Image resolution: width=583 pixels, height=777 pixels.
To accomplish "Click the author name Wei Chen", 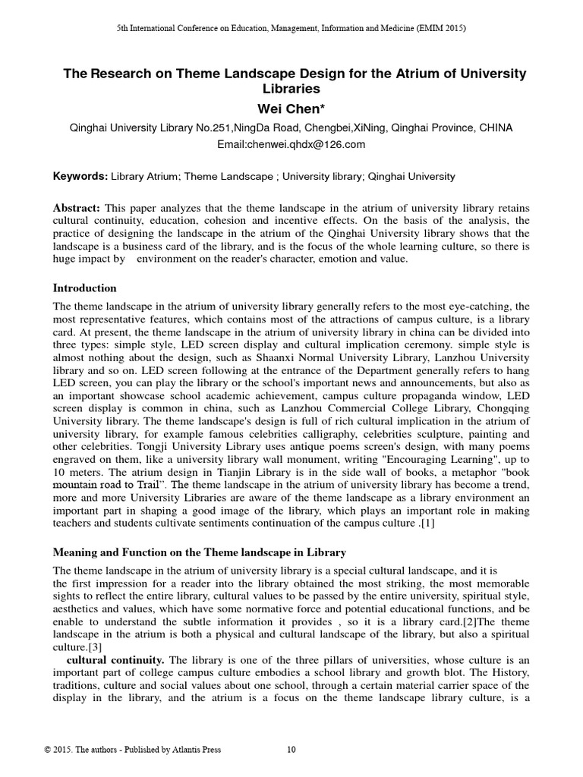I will pos(291,109).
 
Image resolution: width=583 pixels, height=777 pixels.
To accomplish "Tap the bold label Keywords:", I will pos(80,177).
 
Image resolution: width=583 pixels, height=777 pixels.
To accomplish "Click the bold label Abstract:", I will pos(77,209).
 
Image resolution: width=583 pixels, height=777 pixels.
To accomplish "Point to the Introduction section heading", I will pos(84,288).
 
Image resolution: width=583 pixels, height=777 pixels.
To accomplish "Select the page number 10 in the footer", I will pos(291,750).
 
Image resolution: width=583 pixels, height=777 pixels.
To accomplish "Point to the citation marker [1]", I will pos(427,524).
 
